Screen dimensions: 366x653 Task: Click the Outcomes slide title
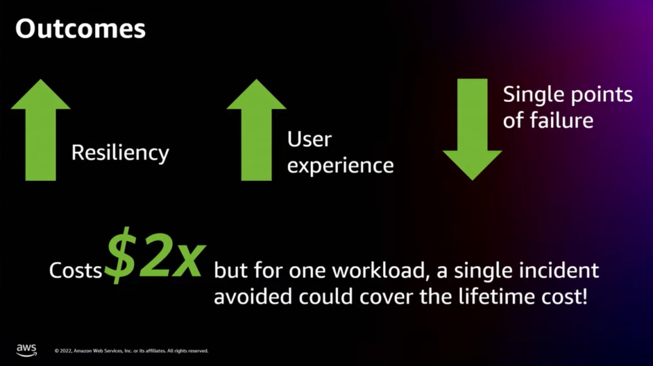tap(80, 29)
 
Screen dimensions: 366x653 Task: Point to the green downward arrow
tap(472, 131)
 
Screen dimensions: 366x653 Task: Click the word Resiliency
tap(120, 152)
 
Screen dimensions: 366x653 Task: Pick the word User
tap(309, 139)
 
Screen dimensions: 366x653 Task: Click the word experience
tap(340, 165)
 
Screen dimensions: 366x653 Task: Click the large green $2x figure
tap(155, 256)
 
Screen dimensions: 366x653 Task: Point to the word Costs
tap(76, 271)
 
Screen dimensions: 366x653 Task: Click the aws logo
tap(27, 350)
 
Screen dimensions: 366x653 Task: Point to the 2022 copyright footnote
tap(131, 351)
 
